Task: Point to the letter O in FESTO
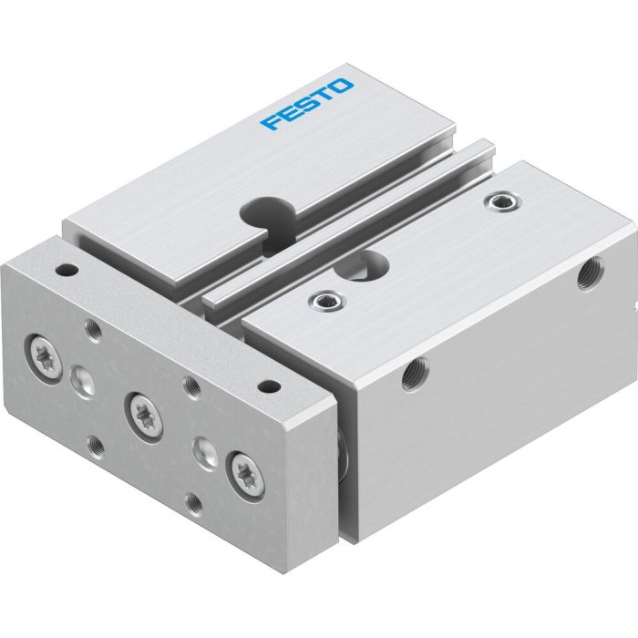coord(342,87)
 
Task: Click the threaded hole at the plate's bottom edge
coord(192,502)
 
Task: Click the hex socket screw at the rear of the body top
coord(499,201)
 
